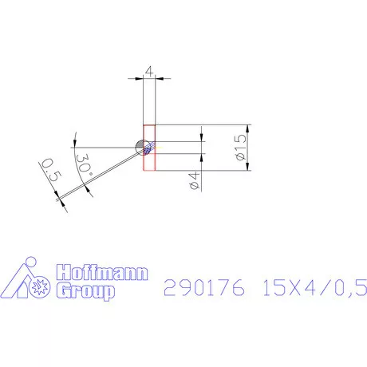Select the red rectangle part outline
[x=149, y=148]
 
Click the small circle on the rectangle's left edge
[x=143, y=147]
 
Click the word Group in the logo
[x=85, y=291]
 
